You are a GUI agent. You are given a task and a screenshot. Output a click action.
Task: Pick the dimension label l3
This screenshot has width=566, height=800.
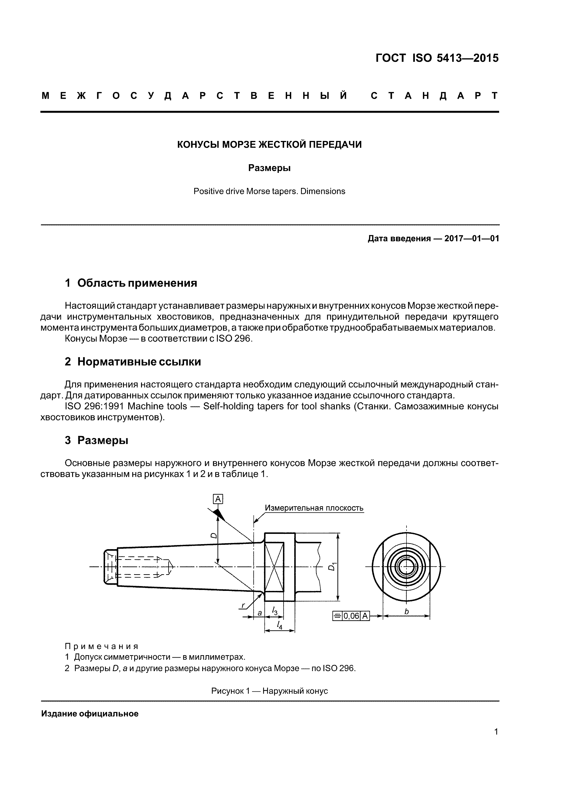(275, 610)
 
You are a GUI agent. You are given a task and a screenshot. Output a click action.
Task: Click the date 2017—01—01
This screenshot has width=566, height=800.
(472, 239)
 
